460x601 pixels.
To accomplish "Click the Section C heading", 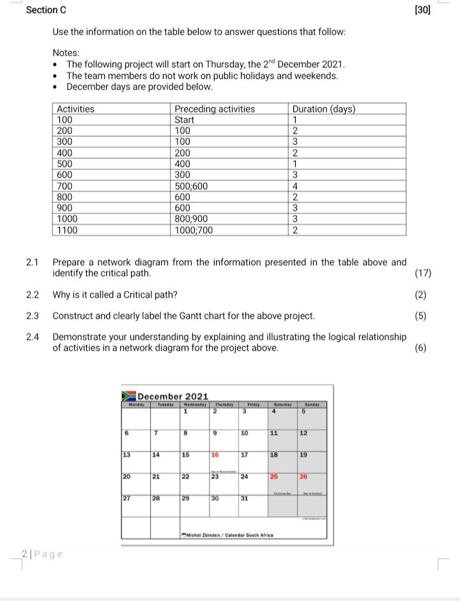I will tap(46, 11).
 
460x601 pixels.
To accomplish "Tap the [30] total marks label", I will tap(422, 10).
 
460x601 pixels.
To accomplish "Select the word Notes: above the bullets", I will tap(66, 53).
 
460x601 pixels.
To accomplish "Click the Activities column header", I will tap(75, 109).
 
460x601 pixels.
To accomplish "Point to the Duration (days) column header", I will tap(323, 109).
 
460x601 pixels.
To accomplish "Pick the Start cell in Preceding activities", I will tap(185, 120).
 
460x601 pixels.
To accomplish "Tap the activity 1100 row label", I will tap(67, 230).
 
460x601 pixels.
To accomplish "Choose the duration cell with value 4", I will tap(295, 186).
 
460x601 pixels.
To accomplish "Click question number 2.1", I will tap(33, 262).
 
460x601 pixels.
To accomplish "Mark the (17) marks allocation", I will tap(423, 274).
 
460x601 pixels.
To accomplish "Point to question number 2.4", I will tap(33, 337).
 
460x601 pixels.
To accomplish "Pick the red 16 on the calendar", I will tap(215, 456).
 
